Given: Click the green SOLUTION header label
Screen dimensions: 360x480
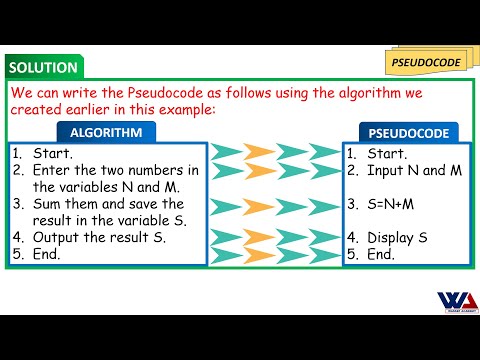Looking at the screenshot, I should coord(42,68).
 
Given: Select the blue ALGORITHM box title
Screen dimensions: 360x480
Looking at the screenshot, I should coord(113,132).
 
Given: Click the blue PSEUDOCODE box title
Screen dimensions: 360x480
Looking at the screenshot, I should coord(409,132).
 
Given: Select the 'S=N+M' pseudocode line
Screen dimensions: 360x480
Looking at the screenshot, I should coord(394,204).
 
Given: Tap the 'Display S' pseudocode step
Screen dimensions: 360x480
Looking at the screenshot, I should coord(397,238).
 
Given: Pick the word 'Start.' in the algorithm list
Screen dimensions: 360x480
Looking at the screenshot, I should coord(52,154).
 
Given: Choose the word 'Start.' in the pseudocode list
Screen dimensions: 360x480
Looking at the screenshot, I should coord(387,154).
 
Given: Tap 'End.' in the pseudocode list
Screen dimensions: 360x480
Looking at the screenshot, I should coord(381,254).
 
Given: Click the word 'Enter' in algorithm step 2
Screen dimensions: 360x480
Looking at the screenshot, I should coord(53,171).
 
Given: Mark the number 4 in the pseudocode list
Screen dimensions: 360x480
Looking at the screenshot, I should coord(351,238).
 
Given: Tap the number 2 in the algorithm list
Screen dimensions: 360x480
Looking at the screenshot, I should coord(17,171).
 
